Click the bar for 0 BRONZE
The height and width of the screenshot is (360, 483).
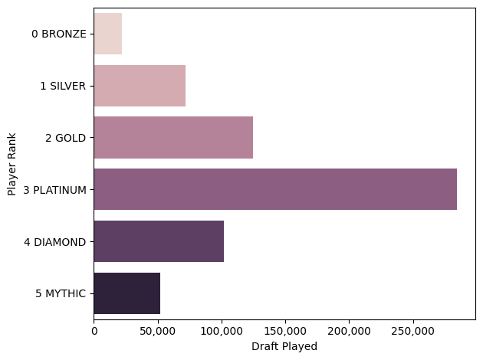pyautogui.click(x=107, y=34)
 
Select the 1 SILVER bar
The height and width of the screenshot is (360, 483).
pyautogui.click(x=140, y=86)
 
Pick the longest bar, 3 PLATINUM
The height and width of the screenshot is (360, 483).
pyautogui.click(x=275, y=189)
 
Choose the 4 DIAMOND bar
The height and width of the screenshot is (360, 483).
pyautogui.click(x=159, y=241)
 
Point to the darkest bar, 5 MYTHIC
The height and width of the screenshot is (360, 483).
pyautogui.click(x=127, y=293)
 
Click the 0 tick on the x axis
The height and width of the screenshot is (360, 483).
pyautogui.click(x=94, y=331)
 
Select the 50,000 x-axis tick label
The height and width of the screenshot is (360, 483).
pyautogui.click(x=157, y=331)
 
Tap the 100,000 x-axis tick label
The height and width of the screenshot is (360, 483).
pyautogui.click(x=222, y=331)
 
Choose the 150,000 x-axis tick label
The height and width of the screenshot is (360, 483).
pyautogui.click(x=285, y=331)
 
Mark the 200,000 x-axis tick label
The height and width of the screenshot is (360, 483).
pyautogui.click(x=349, y=331)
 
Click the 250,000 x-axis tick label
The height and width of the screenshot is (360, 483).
pyautogui.click(x=413, y=331)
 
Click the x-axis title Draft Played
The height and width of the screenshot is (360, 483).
pyautogui.click(x=284, y=346)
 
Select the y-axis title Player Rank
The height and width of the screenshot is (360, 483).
pyautogui.click(x=11, y=164)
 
